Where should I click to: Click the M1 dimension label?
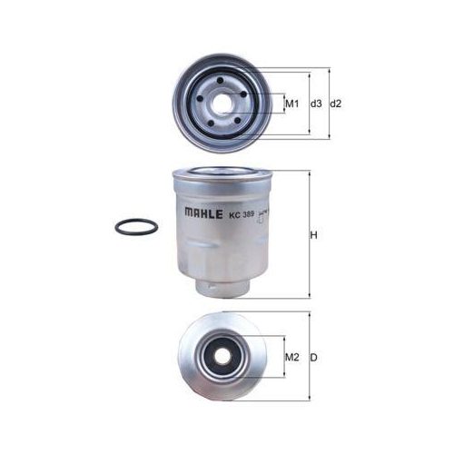(292, 104)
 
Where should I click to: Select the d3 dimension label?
(315, 104)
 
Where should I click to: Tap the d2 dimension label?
(335, 104)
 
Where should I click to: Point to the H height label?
(314, 236)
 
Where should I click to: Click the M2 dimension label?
(292, 357)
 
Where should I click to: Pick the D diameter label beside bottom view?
(313, 357)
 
